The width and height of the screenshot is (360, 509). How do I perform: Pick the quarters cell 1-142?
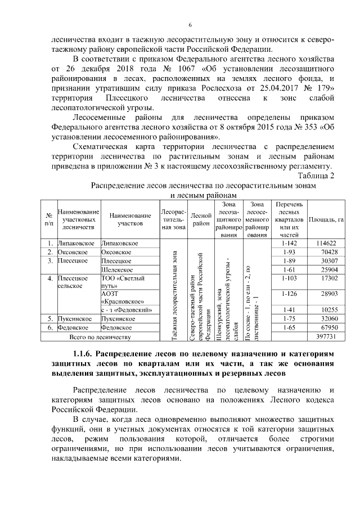click(x=287, y=243)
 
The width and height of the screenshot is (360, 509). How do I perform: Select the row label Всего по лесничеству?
click(x=100, y=337)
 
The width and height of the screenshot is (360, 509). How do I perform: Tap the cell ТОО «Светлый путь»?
click(x=122, y=282)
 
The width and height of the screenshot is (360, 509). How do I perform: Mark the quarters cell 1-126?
click(x=287, y=294)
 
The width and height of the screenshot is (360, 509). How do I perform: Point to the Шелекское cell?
click(x=116, y=270)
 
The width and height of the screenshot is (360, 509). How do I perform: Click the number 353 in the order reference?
click(x=305, y=127)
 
